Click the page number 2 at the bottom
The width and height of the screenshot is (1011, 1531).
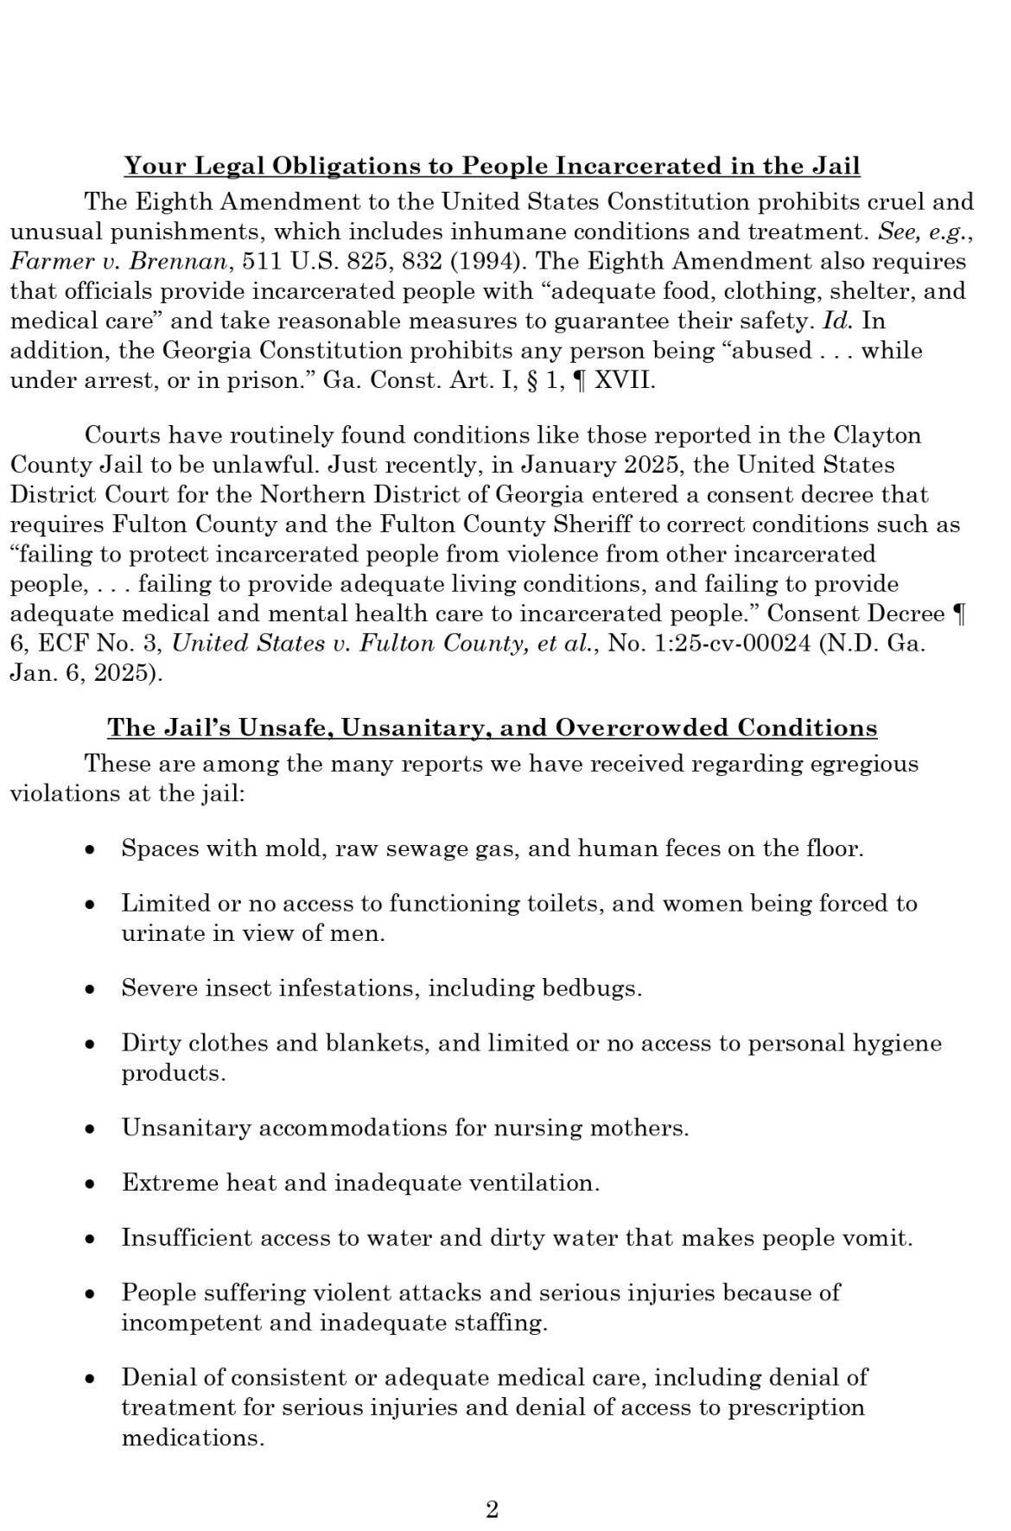click(493, 1509)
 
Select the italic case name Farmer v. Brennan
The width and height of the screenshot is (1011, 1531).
click(121, 261)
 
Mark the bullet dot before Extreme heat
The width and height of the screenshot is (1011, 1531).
click(89, 1184)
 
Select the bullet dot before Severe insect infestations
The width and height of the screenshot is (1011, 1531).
click(89, 989)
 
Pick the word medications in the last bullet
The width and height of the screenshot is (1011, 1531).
click(192, 1438)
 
